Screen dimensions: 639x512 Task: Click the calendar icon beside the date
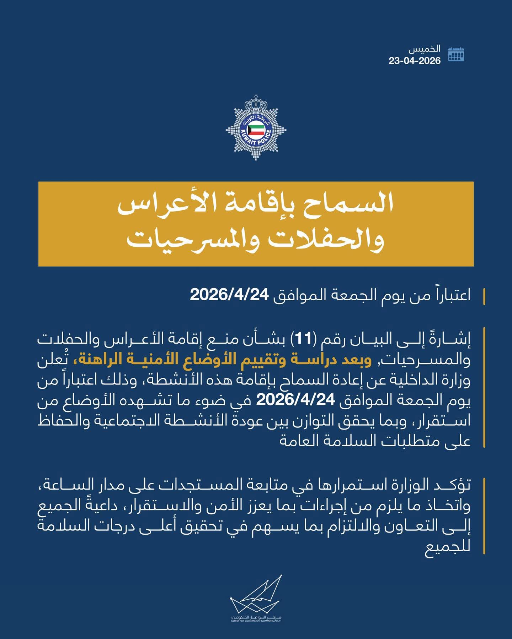456,54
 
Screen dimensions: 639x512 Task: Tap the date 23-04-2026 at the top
415,61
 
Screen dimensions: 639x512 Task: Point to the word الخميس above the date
430,49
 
